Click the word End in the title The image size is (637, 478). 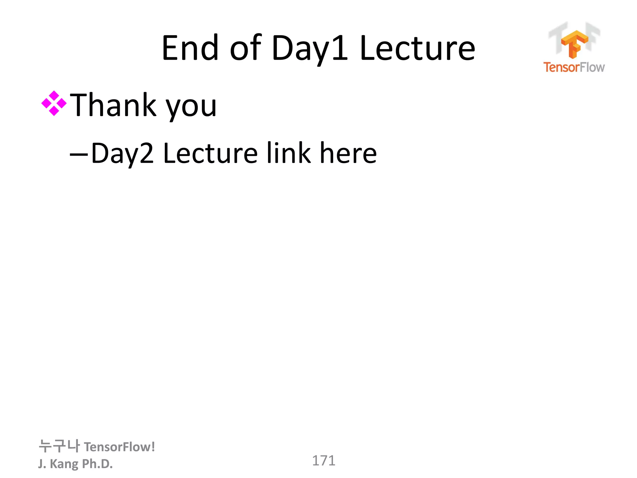[x=190, y=48]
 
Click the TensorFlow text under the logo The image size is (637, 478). [x=574, y=67]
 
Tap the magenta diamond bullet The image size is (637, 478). [x=54, y=103]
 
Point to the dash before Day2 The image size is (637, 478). [x=79, y=154]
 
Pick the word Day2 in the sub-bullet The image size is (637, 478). [x=122, y=153]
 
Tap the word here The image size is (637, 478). [x=348, y=153]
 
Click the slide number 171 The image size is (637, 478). [x=323, y=461]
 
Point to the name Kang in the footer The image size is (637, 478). [x=64, y=464]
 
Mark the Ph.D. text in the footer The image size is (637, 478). [x=97, y=464]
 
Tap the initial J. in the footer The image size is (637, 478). [x=42, y=464]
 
